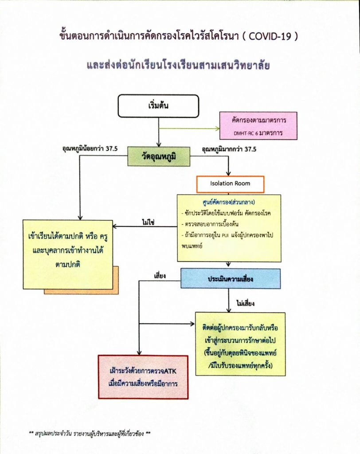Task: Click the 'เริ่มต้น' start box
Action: pyautogui.click(x=158, y=106)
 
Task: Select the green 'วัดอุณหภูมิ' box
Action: pyautogui.click(x=159, y=157)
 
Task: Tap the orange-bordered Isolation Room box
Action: pyautogui.click(x=230, y=184)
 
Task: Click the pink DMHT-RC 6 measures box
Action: pyautogui.click(x=258, y=125)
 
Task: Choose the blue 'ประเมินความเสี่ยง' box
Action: pyautogui.click(x=231, y=278)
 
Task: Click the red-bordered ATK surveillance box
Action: pyautogui.click(x=143, y=377)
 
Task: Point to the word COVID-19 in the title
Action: pyautogui.click(x=270, y=36)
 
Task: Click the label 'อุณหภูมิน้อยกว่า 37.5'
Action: pyautogui.click(x=90, y=149)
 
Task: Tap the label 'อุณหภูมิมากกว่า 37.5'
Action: pyautogui.click(x=229, y=149)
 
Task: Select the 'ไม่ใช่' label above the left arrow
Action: pyautogui.click(x=148, y=222)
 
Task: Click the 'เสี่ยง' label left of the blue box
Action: pyautogui.click(x=160, y=276)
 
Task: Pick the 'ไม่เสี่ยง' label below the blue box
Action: pyautogui.click(x=245, y=303)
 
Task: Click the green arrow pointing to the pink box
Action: pyautogui.click(x=189, y=129)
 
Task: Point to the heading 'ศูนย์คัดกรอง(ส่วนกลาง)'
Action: pyautogui.click(x=229, y=202)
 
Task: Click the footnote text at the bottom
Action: pyautogui.click(x=90, y=434)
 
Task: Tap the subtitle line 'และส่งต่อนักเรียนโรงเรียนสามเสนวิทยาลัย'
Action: pyautogui.click(x=178, y=65)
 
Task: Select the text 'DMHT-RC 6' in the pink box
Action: pyautogui.click(x=246, y=133)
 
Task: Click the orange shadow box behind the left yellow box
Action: pyautogui.click(x=116, y=280)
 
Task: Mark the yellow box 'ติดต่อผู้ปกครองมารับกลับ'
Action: pyautogui.click(x=240, y=344)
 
